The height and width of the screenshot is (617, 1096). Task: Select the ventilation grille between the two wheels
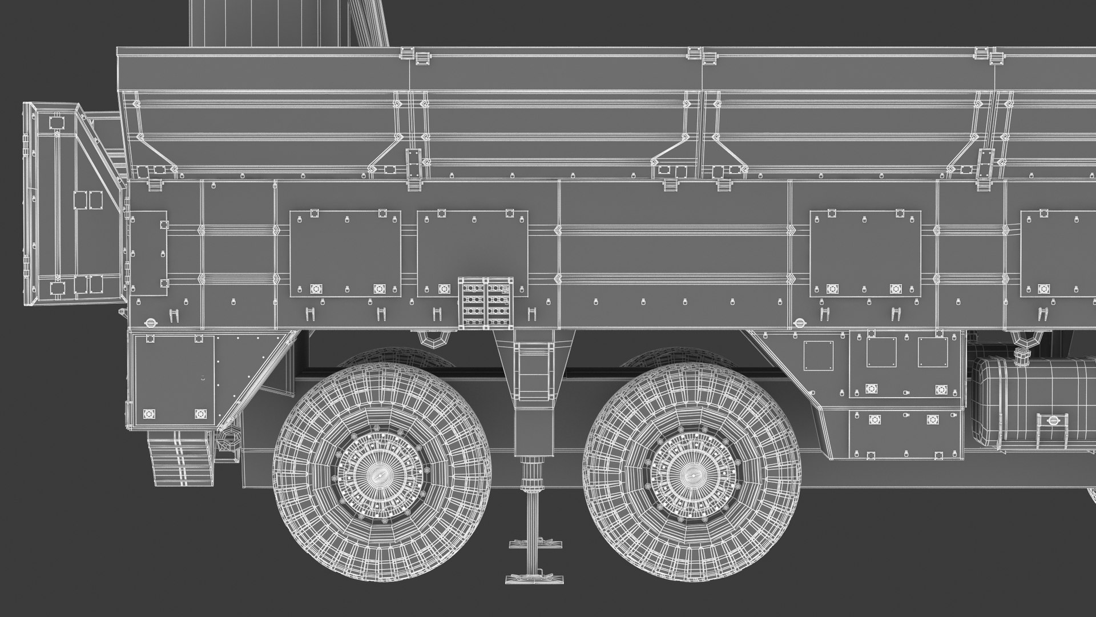point(486,303)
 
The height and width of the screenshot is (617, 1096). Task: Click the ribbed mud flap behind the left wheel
point(181,457)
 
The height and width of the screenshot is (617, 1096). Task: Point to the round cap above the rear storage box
point(152,322)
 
